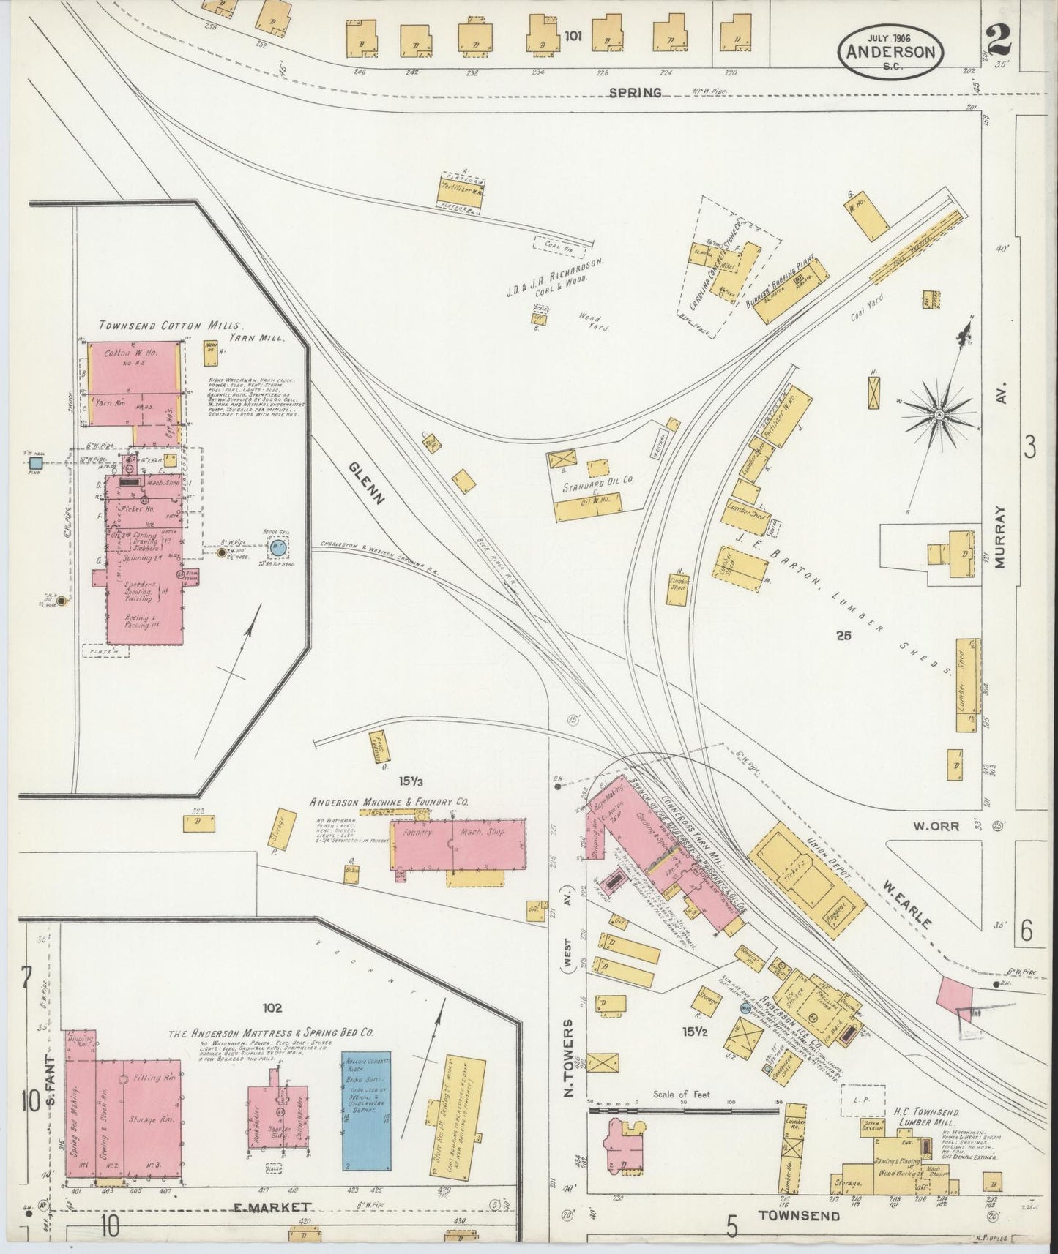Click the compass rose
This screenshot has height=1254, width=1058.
click(938, 415)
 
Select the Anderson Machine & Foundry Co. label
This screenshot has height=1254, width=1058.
click(389, 801)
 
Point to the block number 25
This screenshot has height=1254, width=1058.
click(843, 636)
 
